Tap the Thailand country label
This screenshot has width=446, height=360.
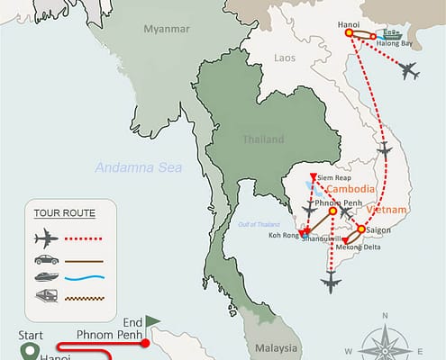click(x=261, y=139)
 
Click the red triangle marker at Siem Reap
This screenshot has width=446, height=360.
click(x=313, y=176)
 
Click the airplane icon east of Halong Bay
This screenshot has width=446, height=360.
click(x=410, y=70)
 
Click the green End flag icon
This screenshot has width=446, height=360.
click(x=153, y=320)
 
